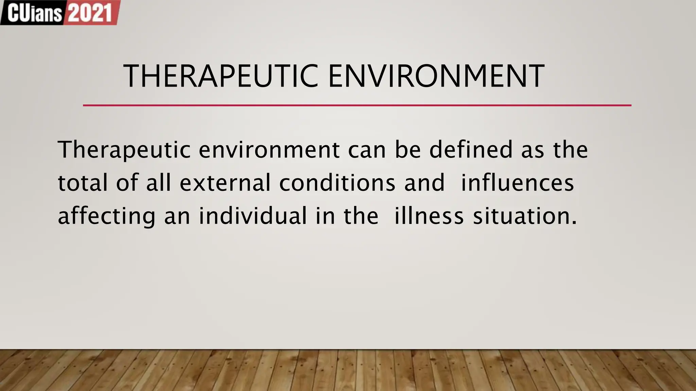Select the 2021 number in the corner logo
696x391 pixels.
coord(90,13)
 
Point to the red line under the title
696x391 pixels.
coord(357,105)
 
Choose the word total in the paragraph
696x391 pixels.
coord(83,183)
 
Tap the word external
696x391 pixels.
coord(225,183)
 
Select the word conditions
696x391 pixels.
coord(337,183)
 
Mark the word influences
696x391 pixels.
coord(517,183)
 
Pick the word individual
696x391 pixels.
coord(253,216)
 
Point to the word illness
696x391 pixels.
coord(429,216)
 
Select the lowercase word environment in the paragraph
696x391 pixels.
coord(269,150)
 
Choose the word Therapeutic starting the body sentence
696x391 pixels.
coord(124,150)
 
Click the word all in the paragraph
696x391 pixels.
coord(158,183)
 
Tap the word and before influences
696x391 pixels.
coord(424,183)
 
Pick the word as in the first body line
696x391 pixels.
coord(533,150)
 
